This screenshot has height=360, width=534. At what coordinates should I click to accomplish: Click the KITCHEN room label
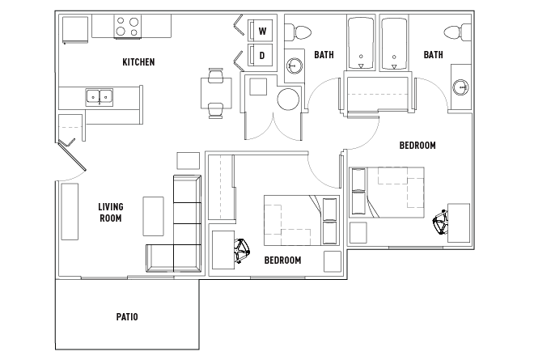tap(138, 62)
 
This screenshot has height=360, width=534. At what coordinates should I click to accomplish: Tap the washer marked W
tap(261, 31)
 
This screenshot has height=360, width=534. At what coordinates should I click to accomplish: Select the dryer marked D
tap(261, 55)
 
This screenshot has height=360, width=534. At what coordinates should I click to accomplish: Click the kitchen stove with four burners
tap(127, 27)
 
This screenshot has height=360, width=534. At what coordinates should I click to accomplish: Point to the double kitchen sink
tap(99, 97)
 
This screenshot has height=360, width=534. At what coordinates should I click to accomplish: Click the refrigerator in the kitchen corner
tap(75, 29)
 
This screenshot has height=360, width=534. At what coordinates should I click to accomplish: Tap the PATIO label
tap(127, 317)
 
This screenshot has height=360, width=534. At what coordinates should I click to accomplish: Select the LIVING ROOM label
tap(111, 212)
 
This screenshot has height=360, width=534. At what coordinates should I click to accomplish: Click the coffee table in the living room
tap(153, 216)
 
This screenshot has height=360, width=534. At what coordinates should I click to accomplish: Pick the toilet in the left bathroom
tap(299, 32)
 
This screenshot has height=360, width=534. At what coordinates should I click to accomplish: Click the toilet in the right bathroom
tap(457, 32)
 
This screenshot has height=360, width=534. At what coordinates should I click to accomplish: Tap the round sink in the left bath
tap(294, 65)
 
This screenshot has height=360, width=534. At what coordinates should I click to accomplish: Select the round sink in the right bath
tap(460, 87)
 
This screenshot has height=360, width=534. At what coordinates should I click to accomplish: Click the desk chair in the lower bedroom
tap(241, 251)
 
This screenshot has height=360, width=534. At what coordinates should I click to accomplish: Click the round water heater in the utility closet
tap(288, 100)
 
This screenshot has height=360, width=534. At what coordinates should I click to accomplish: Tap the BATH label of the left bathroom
tap(324, 54)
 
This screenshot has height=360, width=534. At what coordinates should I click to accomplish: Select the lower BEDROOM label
tap(282, 260)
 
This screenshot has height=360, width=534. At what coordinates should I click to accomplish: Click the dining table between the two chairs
tap(216, 93)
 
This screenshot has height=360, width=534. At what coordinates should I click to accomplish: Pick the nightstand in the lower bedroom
tap(333, 261)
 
